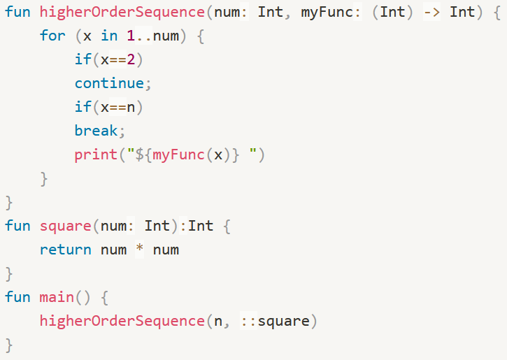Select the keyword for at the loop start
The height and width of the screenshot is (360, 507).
coord(52,36)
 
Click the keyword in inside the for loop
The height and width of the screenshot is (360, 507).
coord(109,36)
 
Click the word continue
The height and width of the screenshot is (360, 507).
coord(109,83)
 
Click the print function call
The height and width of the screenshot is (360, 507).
coord(96,154)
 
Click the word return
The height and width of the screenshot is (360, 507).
coord(66,250)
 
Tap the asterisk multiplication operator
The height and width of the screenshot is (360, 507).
coord(139,250)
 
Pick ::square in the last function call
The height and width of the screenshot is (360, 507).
coord(273,321)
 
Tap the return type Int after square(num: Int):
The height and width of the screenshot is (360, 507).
coord(201,226)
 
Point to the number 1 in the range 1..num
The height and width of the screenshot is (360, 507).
coord(131,36)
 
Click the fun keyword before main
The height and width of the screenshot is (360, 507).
coord(17,297)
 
